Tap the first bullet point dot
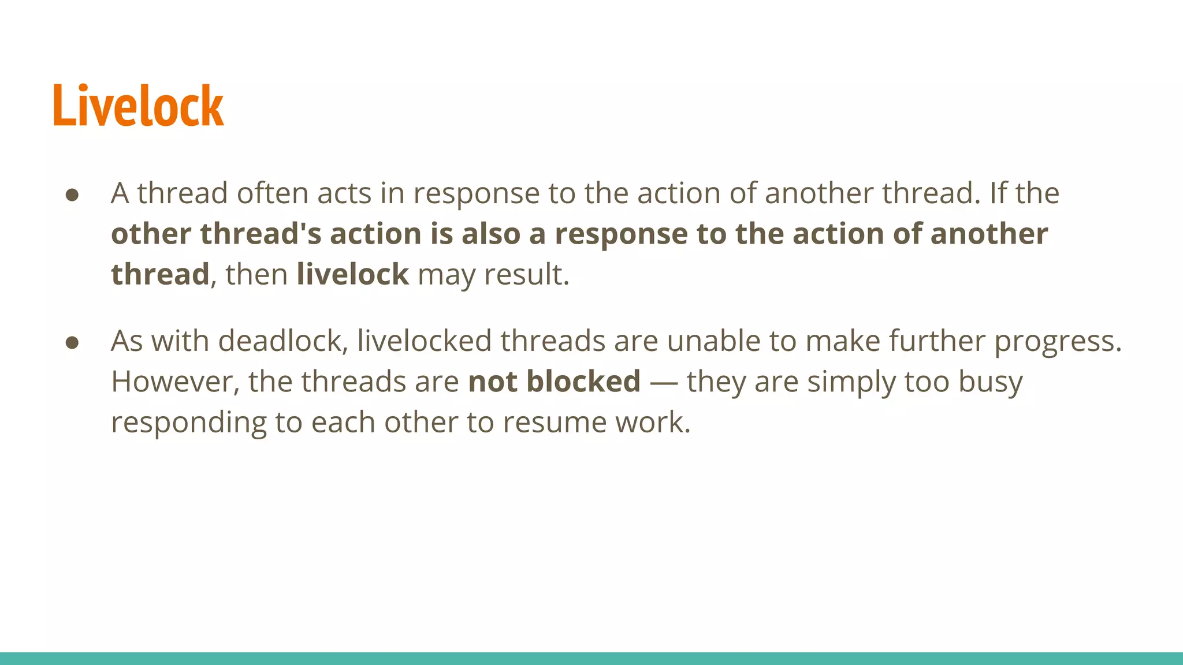(x=72, y=195)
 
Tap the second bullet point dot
(x=72, y=343)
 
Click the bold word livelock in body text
(x=352, y=274)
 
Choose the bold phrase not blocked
(x=554, y=382)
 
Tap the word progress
(x=1057, y=342)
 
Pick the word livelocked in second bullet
(x=424, y=341)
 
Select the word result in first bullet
(x=526, y=274)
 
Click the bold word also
(x=491, y=234)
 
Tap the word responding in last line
(x=188, y=423)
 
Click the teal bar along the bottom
(x=591, y=658)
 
